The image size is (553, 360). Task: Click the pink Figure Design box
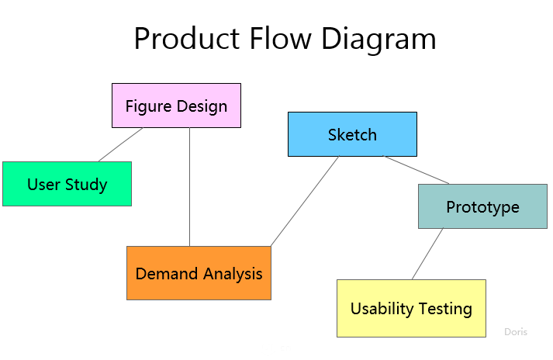(176, 106)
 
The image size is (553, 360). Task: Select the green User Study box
(67, 184)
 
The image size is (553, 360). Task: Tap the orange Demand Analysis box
(199, 273)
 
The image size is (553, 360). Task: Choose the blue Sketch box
(352, 134)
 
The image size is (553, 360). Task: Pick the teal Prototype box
(482, 206)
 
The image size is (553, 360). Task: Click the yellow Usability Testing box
(411, 308)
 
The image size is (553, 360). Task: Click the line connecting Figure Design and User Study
(120, 144)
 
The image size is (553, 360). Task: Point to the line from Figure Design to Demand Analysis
(190, 186)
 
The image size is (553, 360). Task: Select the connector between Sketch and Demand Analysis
(304, 202)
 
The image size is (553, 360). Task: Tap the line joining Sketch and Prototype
(417, 170)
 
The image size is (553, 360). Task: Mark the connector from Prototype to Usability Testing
(427, 254)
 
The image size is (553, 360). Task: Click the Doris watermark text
(516, 331)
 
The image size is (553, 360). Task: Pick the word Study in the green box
(86, 185)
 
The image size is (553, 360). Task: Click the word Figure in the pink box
(148, 106)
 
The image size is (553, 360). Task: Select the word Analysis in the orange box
(233, 273)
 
